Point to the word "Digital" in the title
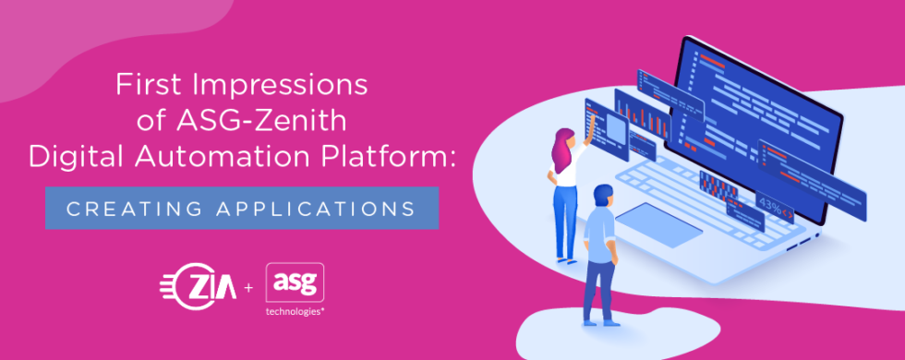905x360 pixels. pyautogui.click(x=77, y=158)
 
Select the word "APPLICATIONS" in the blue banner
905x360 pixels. pyautogui.click(x=315, y=209)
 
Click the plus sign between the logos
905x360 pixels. pyautogui.click(x=248, y=289)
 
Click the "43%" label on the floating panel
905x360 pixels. pyautogui.click(x=769, y=199)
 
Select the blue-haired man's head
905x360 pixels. pyautogui.click(x=602, y=195)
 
